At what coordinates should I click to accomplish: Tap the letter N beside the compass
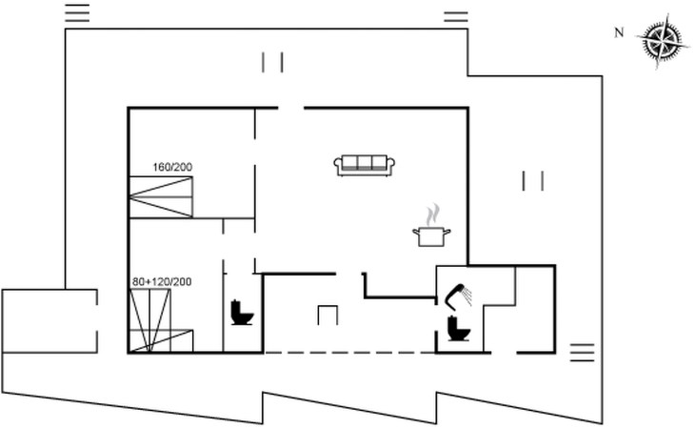tap(619, 33)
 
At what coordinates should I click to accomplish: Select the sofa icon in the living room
tap(365, 165)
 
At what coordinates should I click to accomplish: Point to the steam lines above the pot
tap(433, 213)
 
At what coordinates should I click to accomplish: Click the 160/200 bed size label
tap(172, 168)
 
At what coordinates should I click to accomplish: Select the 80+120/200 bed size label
tap(162, 282)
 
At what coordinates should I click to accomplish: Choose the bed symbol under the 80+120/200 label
tap(160, 321)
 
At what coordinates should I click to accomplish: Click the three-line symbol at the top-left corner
tap(77, 12)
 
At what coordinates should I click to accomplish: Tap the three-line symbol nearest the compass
tap(457, 16)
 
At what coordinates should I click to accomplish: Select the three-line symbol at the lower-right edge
tap(582, 351)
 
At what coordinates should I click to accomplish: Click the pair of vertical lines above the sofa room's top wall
tap(273, 62)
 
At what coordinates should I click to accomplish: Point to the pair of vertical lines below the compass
tap(533, 180)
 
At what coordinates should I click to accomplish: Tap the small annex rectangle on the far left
tap(50, 319)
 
